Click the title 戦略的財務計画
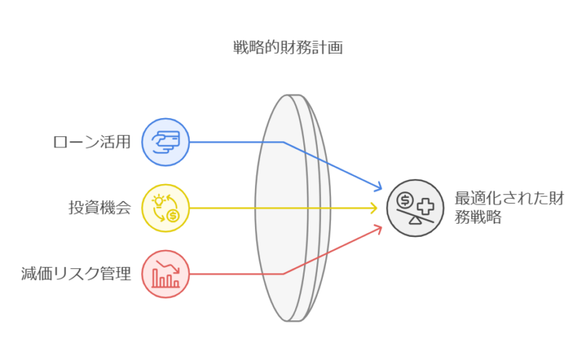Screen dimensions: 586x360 point(288,48)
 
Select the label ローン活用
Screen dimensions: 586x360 point(92,142)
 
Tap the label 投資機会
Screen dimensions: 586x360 point(100,207)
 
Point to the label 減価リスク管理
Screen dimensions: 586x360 point(76,273)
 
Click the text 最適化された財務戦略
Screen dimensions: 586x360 point(509,207)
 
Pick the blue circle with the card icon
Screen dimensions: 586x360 point(166,142)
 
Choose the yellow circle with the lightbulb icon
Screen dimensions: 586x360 point(166,208)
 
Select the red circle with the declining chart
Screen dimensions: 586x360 point(166,274)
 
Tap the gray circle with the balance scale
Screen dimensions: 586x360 point(415,208)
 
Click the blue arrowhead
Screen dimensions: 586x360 point(378,186)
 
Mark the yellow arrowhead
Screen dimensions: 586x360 point(374,208)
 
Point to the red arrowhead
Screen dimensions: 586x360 point(378,229)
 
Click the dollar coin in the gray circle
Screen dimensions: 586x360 point(405,200)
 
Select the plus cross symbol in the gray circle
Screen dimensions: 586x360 point(426,207)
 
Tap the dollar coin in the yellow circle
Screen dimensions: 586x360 point(173,216)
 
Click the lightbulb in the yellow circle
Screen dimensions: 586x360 point(159,201)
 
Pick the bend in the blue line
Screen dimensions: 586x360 point(283,142)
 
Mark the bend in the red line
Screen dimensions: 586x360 point(283,274)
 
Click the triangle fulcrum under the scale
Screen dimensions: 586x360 point(415,220)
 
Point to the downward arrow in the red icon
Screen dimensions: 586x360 point(168,267)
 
